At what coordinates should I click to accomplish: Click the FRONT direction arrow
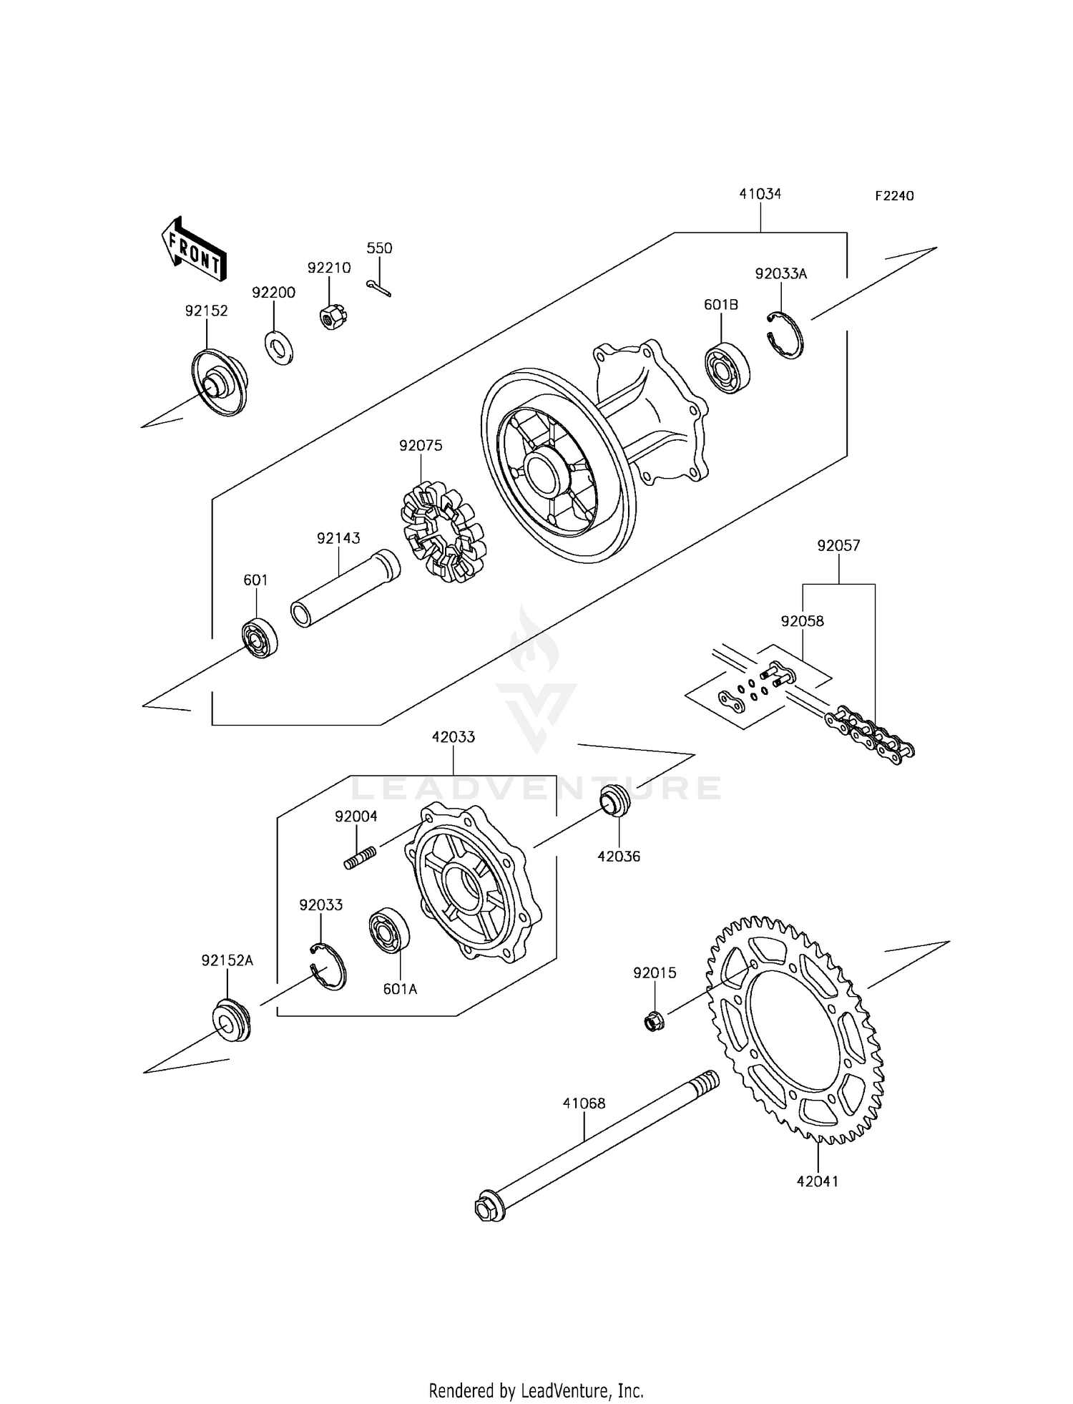(x=194, y=248)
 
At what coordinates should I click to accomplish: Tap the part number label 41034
(x=760, y=194)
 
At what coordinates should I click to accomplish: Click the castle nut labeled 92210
(x=331, y=316)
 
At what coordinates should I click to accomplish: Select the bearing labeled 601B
(x=727, y=368)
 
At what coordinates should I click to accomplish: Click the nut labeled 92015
(x=652, y=1021)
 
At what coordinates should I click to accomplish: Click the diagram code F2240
(x=894, y=196)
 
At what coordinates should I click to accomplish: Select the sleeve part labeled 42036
(x=614, y=799)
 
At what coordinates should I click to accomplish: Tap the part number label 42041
(x=817, y=1181)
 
